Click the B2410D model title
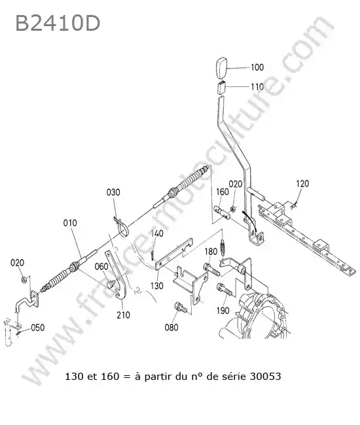pyautogui.click(x=58, y=23)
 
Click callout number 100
pyautogui.click(x=257, y=67)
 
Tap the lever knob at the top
pyautogui.click(x=222, y=68)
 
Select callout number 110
pyautogui.click(x=257, y=87)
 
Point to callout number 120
pyautogui.click(x=302, y=184)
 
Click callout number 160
pyautogui.click(x=223, y=192)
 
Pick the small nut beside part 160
pyautogui.click(x=232, y=209)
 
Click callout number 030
pyautogui.click(x=113, y=192)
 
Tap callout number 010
pyautogui.click(x=70, y=223)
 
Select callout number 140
pyautogui.click(x=157, y=233)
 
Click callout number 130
pyautogui.click(x=157, y=286)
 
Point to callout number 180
pyautogui.click(x=211, y=252)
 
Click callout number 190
pyautogui.click(x=223, y=311)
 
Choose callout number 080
pyautogui.click(x=171, y=328)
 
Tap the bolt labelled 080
pyautogui.click(x=181, y=307)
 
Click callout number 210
pyautogui.click(x=123, y=315)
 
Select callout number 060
pyautogui.click(x=101, y=266)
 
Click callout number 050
pyautogui.click(x=38, y=328)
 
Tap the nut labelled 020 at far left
pyautogui.click(x=24, y=279)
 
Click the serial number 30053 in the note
pyautogui.click(x=265, y=377)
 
